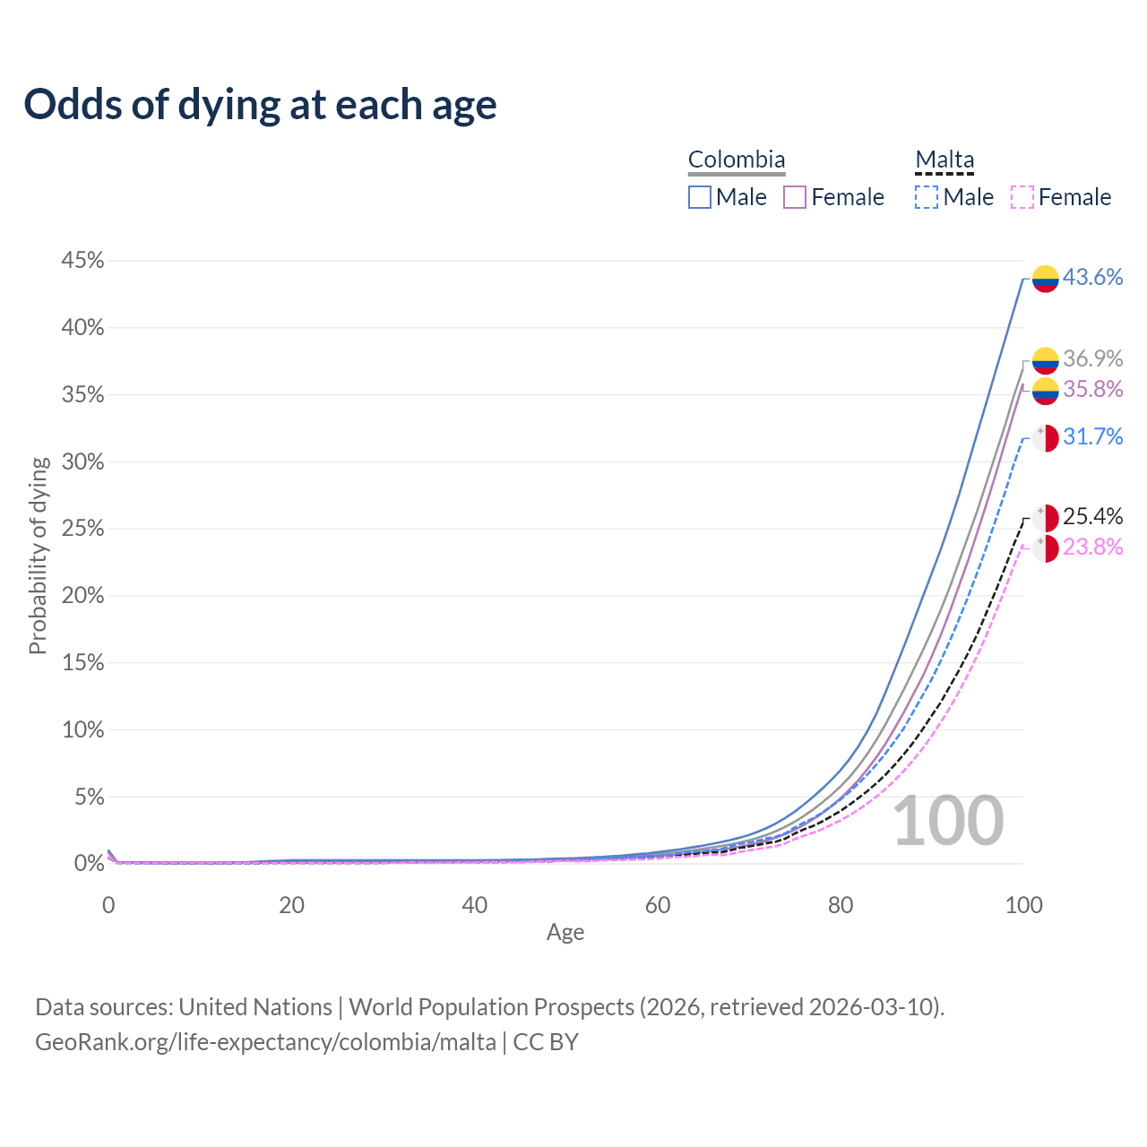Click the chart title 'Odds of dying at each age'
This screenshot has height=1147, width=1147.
tap(260, 105)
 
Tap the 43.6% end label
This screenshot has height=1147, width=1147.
tap(1092, 278)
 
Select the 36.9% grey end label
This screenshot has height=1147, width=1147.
tap(1092, 359)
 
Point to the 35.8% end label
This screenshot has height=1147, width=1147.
tap(1092, 390)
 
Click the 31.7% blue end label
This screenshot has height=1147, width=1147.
tap(1092, 437)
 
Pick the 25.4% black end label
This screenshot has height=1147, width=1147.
tap(1092, 517)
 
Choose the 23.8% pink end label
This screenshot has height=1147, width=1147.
tap(1092, 548)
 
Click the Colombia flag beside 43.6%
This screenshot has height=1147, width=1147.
tap(1046, 279)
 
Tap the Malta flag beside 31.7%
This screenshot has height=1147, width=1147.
tap(1046, 438)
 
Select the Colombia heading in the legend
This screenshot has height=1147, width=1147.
tap(737, 160)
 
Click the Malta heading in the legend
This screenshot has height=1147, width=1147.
tap(944, 160)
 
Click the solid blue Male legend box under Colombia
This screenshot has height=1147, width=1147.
tap(700, 197)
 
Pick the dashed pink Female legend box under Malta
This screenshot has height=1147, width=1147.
tap(1022, 197)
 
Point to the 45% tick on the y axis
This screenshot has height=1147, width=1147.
tap(82, 261)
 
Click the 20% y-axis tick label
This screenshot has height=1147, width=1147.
tap(82, 596)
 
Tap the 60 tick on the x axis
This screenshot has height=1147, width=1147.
tap(658, 905)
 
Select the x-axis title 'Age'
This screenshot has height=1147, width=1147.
tap(565, 933)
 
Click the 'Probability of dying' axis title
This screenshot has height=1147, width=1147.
tap(38, 556)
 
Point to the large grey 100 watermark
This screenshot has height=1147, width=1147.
tap(948, 821)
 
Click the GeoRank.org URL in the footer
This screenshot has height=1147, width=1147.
tap(265, 1042)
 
